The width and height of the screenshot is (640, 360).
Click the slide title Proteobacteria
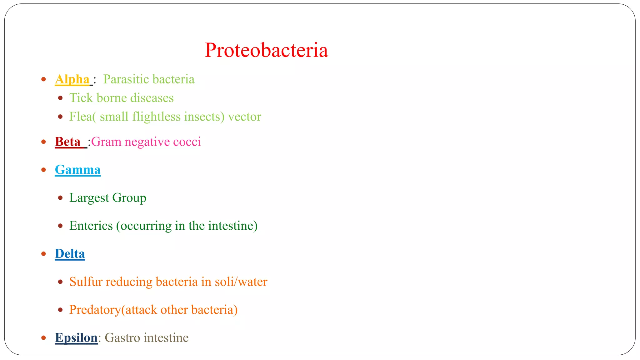(x=266, y=50)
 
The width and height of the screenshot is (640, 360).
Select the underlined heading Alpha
(x=72, y=79)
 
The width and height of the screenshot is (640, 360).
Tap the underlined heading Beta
(x=68, y=142)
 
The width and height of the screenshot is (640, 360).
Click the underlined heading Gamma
(x=77, y=170)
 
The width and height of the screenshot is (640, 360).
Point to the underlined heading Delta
(x=70, y=254)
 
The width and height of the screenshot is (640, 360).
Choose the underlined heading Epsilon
(x=76, y=338)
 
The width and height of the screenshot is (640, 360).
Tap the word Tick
(x=81, y=98)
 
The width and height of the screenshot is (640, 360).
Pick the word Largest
(x=89, y=198)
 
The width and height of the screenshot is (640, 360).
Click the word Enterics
(x=91, y=226)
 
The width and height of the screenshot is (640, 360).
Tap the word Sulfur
(x=86, y=282)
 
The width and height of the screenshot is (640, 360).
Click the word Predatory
(x=95, y=310)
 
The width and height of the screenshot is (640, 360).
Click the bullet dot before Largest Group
(x=60, y=198)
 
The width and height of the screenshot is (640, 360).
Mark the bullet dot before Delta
(x=44, y=254)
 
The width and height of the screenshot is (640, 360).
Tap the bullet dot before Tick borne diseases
(x=60, y=98)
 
